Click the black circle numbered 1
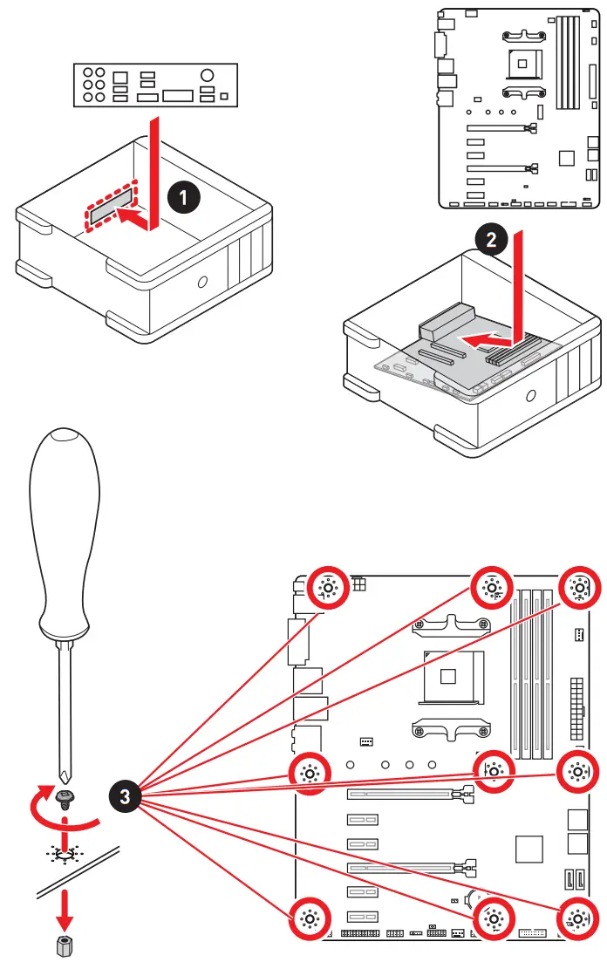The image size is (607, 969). point(183,198)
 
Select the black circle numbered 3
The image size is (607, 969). point(126,795)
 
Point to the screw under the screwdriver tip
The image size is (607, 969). point(63,796)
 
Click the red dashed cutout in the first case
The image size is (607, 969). point(112,207)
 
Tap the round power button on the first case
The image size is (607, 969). point(202,282)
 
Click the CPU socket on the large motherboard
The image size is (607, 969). point(449,675)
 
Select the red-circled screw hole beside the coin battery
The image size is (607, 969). point(493,918)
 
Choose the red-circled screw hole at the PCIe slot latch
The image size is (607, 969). point(493,770)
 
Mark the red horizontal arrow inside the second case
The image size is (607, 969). point(486,337)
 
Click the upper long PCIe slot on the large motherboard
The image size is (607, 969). point(405,795)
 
